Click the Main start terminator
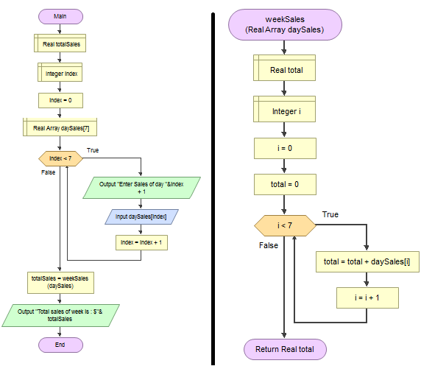[x=60, y=16]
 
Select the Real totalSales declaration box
[x=60, y=43]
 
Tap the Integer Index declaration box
[x=60, y=72]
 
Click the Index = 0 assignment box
[x=60, y=100]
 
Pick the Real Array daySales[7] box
[x=60, y=127]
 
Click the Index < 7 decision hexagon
[x=60, y=158]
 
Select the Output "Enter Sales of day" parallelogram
[x=141, y=188]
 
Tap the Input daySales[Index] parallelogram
[x=141, y=217]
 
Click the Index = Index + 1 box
[x=141, y=243]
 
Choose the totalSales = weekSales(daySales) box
[x=60, y=283]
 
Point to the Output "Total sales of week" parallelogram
[x=60, y=315]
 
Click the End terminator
[x=60, y=345]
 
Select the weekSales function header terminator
[x=285, y=25]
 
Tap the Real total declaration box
[x=284, y=68]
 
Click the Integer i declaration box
[x=284, y=109]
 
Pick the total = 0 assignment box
[x=285, y=184]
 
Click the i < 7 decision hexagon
[x=285, y=226]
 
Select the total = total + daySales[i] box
[x=367, y=261]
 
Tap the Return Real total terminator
[x=285, y=349]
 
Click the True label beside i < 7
[x=330, y=214]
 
